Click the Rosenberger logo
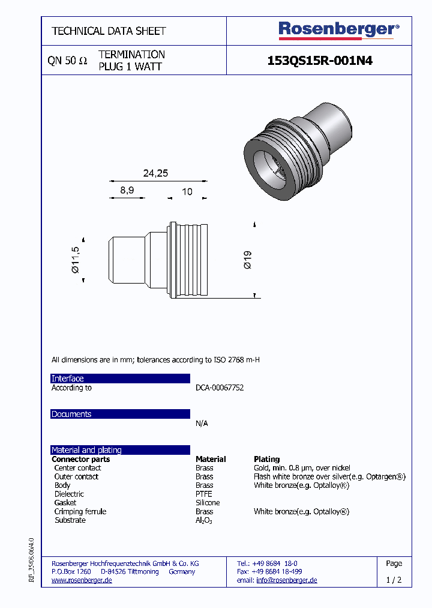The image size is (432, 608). point(338,29)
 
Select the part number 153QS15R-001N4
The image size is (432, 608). point(319,61)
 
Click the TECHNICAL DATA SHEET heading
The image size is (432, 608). point(109,31)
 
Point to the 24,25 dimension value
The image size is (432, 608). point(155,173)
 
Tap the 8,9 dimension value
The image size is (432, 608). point(127,190)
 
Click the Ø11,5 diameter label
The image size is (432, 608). point(75,260)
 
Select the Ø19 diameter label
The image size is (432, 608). point(248,260)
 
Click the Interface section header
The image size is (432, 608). point(68,378)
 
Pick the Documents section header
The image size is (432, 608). point(71,414)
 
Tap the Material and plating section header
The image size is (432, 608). point(86,450)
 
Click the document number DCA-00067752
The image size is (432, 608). point(220,388)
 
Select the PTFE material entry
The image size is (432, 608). point(204,494)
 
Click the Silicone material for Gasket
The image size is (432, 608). point(208,503)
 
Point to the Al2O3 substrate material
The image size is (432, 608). point(204,520)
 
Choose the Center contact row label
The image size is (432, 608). point(77,468)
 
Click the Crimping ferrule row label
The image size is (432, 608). point(80,511)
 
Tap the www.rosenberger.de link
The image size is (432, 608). point(82,580)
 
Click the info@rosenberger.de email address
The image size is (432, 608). point(286,580)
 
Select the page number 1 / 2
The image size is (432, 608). point(394,580)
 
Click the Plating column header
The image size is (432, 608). point(267,459)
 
